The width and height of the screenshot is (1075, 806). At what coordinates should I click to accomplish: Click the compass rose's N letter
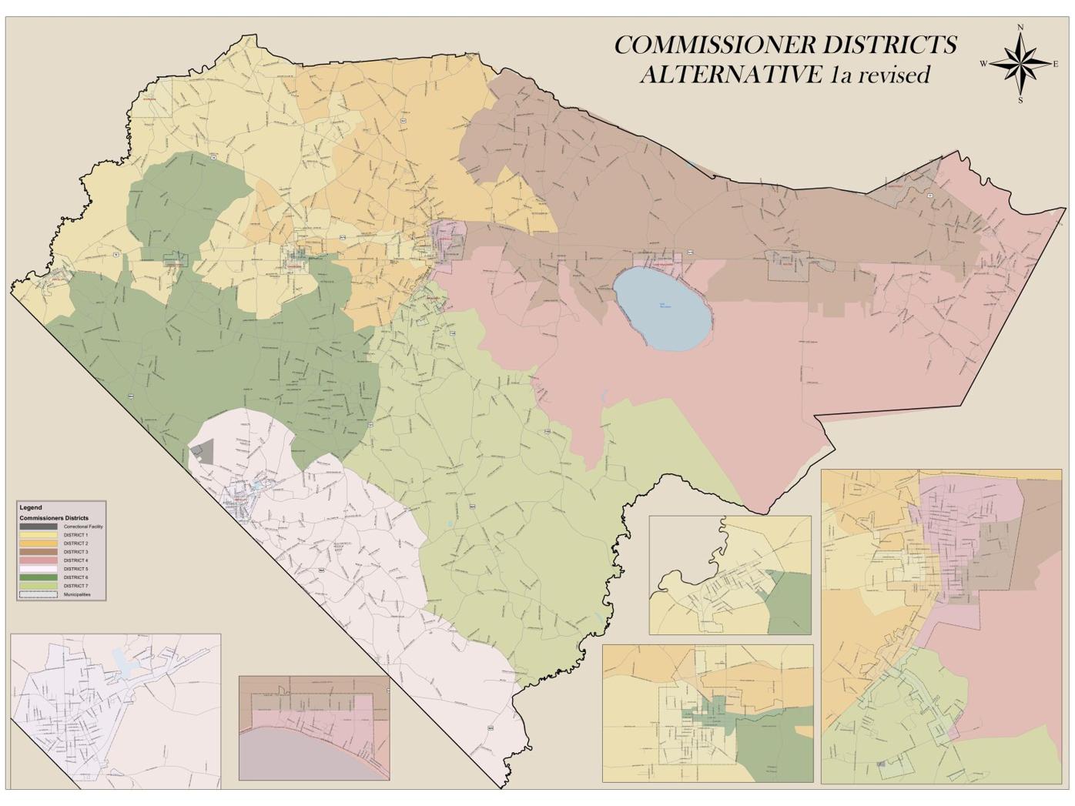point(1020,28)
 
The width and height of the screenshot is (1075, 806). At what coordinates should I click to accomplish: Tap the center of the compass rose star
point(1020,64)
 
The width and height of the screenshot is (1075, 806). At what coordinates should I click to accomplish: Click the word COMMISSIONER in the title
point(715,45)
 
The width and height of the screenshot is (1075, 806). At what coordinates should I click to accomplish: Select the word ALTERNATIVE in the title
point(731,75)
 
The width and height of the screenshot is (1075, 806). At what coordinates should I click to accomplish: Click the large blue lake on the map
point(662,309)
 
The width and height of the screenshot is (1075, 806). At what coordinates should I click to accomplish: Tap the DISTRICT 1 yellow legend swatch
point(39,535)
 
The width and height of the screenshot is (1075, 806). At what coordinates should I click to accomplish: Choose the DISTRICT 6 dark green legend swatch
point(39,577)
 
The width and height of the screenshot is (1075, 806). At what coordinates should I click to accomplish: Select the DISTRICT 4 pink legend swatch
point(39,560)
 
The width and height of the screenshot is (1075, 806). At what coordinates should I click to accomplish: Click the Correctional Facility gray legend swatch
point(39,527)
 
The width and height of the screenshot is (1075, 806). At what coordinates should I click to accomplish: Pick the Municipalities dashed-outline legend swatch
point(39,594)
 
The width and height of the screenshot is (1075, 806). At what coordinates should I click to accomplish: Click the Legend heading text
point(31,508)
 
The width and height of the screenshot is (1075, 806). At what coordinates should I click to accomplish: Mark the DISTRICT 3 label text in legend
point(75,552)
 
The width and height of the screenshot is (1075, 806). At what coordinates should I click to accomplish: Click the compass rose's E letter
point(1055,65)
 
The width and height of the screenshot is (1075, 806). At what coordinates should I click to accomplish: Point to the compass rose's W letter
point(984,64)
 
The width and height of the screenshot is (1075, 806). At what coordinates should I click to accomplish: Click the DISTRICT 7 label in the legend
point(75,586)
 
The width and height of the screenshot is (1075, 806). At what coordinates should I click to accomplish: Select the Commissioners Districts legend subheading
point(54,518)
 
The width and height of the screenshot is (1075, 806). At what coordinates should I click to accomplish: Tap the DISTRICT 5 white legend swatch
point(39,569)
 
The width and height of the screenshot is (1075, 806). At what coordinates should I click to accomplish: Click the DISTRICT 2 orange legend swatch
point(39,543)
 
